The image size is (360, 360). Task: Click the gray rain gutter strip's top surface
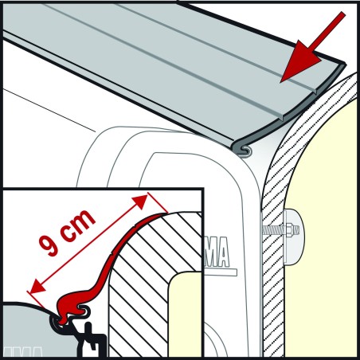[x=159, y=64]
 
